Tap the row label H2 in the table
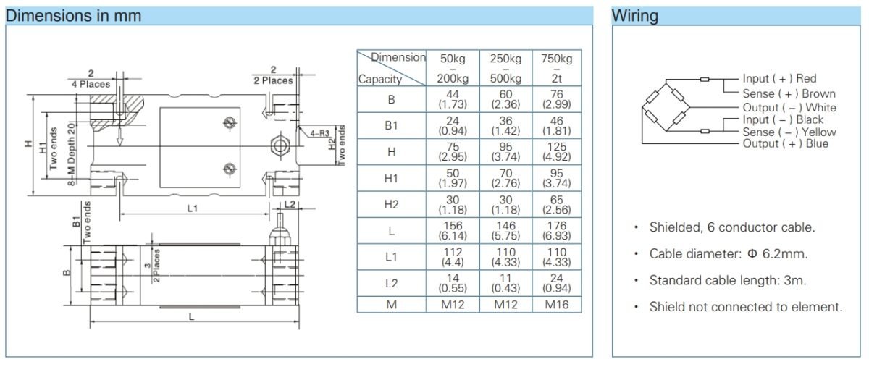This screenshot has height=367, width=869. point(391,205)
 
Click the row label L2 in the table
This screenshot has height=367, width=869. point(391,283)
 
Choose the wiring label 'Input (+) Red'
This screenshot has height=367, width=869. point(779,79)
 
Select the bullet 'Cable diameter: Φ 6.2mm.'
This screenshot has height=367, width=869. point(728,254)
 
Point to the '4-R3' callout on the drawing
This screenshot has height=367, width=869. point(319,133)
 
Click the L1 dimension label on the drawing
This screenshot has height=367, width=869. point(192,208)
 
